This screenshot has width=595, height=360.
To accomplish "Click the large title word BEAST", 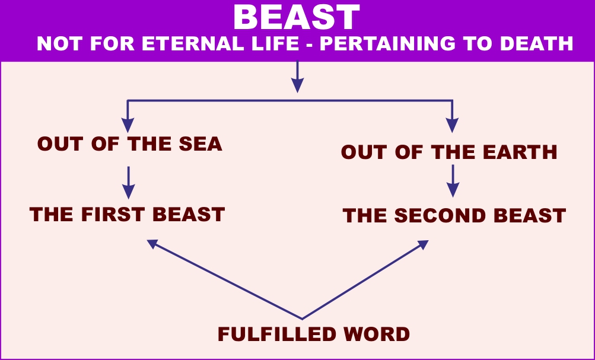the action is coord(297,17).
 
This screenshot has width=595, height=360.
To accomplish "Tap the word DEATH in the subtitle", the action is coord(536,44).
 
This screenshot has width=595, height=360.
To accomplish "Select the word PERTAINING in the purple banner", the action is coord(387,44).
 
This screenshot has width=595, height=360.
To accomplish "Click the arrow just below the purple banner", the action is coord(298,77).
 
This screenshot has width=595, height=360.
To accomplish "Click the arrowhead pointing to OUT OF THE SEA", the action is coord(128,125).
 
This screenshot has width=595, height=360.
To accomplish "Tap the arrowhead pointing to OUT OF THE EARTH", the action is coord(452,125).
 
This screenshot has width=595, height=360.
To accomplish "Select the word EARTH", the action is coord(519,152).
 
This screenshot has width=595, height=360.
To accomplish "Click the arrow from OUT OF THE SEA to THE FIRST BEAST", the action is coord(129,183).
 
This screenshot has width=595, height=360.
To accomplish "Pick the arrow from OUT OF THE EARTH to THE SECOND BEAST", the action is coord(453,180).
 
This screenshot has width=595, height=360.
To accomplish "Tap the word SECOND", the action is coord(440,216).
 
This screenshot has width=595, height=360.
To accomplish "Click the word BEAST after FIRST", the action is coord(189,215).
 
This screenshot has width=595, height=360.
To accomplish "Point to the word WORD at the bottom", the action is coord(376,334).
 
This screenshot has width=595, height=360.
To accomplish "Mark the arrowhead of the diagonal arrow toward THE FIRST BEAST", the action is coord(152,244).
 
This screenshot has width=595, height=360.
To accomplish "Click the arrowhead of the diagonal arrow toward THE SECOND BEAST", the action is coord(423,244).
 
